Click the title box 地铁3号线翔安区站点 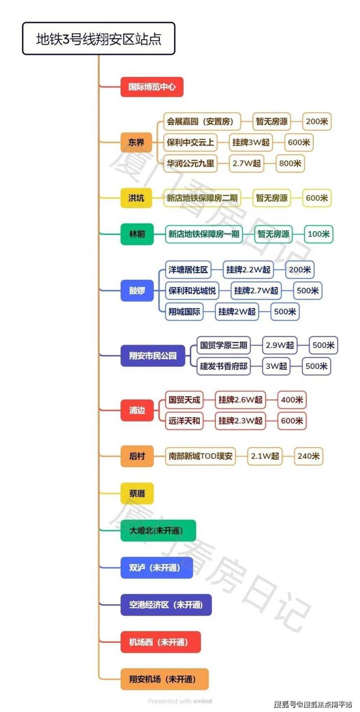tap(98, 38)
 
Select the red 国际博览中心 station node tap(152, 88)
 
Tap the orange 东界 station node tap(136, 143)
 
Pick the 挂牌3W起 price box tap(251, 143)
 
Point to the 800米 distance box tap(290, 164)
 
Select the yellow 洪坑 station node tap(136, 198)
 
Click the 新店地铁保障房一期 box tap(204, 234)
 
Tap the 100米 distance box tap(319, 234)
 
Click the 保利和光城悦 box tap(192, 291)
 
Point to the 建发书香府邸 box tap(224, 366)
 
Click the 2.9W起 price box tap(280, 346)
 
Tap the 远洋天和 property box tap(184, 421)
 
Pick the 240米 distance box tap(309, 456)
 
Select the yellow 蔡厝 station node tap(137, 493)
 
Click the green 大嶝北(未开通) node tap(158, 530)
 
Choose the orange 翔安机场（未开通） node tap(164, 679)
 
